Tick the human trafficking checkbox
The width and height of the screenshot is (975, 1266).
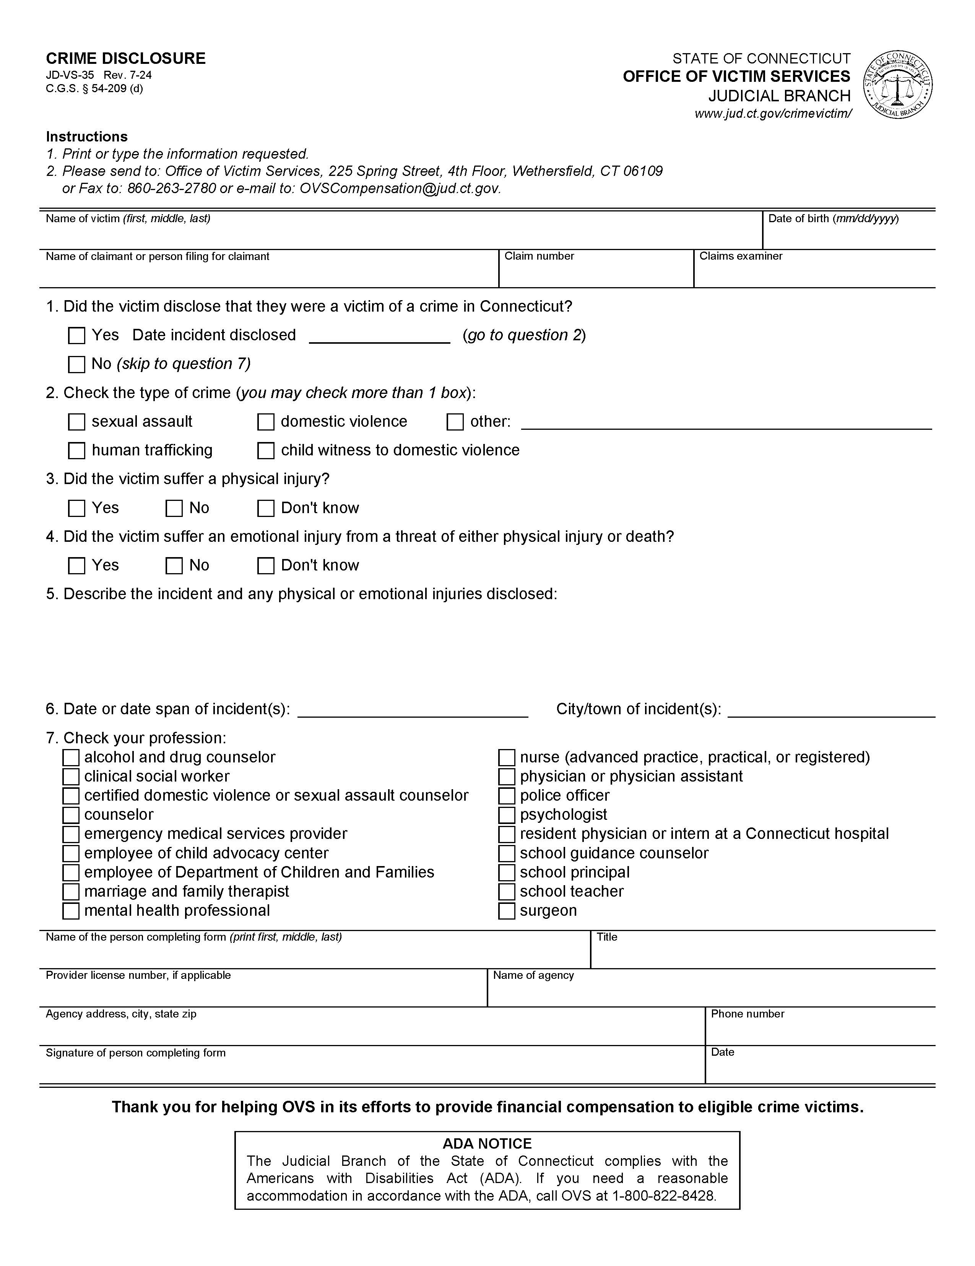[x=76, y=450]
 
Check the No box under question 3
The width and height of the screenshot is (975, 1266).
[x=174, y=509]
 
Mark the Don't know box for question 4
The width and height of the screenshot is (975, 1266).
[x=265, y=566]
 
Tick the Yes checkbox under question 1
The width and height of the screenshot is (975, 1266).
[x=76, y=336]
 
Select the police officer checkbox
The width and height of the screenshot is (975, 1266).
[x=507, y=796]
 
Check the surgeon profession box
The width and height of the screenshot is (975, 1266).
[x=507, y=911]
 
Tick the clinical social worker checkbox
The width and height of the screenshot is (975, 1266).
[x=71, y=777]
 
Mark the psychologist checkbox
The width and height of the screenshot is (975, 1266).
[x=507, y=815]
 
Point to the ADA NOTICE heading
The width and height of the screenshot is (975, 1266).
[x=487, y=1143]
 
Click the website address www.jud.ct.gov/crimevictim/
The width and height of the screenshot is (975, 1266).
[x=773, y=114]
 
